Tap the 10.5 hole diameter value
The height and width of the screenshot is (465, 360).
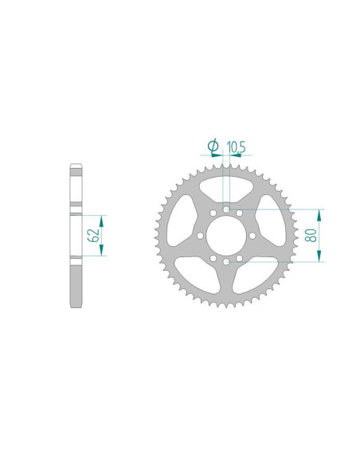coord(236,147)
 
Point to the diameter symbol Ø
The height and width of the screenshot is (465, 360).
coord(213,146)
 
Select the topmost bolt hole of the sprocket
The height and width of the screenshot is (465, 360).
coord(226,209)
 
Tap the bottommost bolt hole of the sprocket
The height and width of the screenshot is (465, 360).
coord(226,262)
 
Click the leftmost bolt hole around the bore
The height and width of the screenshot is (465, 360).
coord(200,236)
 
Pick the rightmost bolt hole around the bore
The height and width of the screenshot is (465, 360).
coord(252,236)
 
